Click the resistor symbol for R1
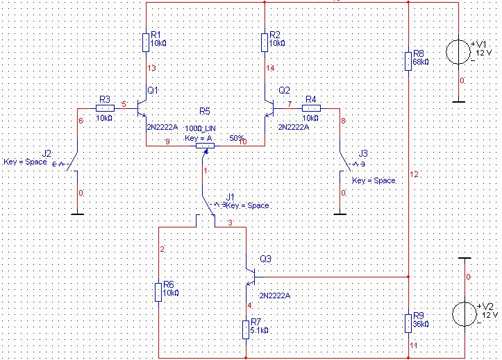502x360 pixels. coord(146,42)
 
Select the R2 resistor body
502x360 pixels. coord(265,42)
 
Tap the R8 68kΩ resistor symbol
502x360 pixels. coord(408,61)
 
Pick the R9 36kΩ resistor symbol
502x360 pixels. coord(408,323)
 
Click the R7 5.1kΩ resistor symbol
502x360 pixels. coord(246,329)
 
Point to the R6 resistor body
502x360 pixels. coord(158,292)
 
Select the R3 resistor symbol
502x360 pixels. coord(105,108)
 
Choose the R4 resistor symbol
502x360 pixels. coord(311,108)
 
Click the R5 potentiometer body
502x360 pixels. coord(206,146)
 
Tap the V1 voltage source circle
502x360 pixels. coord(458,51)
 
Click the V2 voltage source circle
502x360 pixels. coord(465,314)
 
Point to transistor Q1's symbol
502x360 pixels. coord(142,108)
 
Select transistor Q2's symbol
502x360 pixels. coord(269,108)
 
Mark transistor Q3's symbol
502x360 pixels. coord(250,277)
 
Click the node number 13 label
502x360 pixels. coord(152,68)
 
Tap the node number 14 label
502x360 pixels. coord(271,68)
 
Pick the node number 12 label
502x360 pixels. coord(415,175)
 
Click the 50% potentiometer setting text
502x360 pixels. coord(237,138)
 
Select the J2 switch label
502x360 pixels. coord(47,153)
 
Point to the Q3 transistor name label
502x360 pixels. coord(266,259)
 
